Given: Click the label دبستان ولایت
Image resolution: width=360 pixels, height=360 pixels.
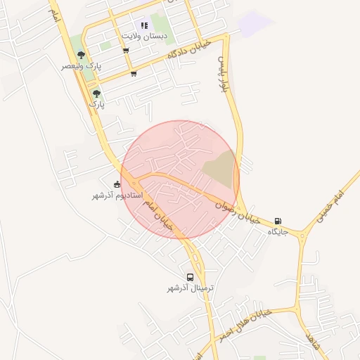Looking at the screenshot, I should click(x=143, y=35).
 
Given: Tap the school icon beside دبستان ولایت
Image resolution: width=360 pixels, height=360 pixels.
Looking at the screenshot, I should click(x=144, y=25).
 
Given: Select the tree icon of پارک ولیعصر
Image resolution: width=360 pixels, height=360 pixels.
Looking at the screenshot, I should click(x=82, y=55).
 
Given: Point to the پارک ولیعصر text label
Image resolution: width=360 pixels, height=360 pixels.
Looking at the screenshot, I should click(x=81, y=65).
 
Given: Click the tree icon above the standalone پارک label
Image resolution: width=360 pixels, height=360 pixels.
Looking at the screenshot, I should click(x=96, y=93).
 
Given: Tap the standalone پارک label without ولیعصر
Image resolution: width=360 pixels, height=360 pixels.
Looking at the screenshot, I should click(x=96, y=103).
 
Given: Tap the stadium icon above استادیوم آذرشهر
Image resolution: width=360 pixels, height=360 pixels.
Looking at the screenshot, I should click(x=117, y=184).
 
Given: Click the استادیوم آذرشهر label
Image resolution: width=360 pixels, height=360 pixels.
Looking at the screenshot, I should click(x=117, y=195).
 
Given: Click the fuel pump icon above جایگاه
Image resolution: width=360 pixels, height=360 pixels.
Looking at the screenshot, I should click(x=278, y=221).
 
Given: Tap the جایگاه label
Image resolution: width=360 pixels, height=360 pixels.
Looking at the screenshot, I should click(x=278, y=231).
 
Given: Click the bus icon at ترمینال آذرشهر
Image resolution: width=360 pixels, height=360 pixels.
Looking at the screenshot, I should click(x=190, y=277).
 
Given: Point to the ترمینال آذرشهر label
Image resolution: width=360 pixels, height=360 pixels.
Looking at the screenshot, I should click(x=190, y=288).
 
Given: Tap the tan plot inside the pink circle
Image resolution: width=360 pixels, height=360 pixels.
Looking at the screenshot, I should click(x=219, y=169).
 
